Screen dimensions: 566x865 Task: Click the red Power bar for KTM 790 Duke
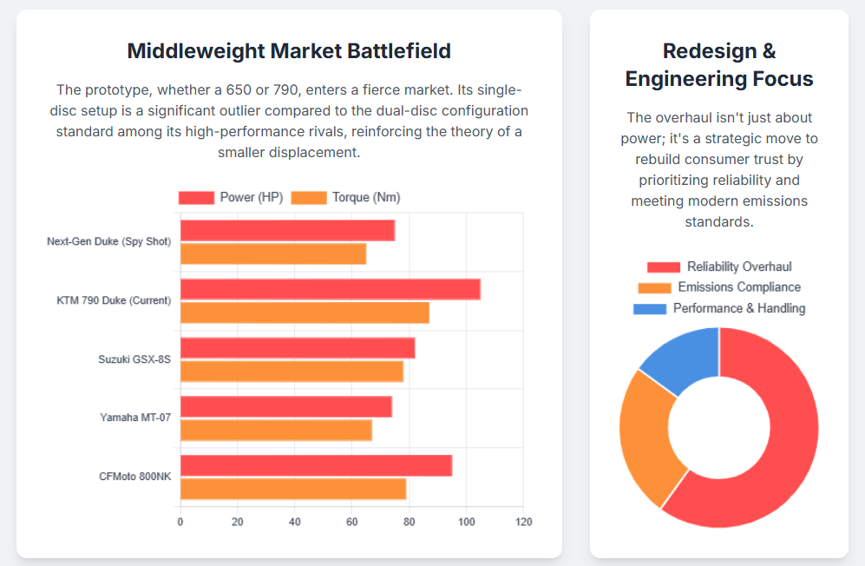(x=330, y=289)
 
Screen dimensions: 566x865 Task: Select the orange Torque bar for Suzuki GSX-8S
(x=292, y=372)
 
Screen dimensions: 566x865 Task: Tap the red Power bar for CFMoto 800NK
(x=316, y=465)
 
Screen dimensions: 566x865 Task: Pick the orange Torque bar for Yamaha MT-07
(x=276, y=430)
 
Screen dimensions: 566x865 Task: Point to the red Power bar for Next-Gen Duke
(x=287, y=230)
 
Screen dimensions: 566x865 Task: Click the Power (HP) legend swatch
(x=196, y=198)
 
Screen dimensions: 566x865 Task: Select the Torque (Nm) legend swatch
(x=309, y=198)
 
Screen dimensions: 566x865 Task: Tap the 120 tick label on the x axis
(x=523, y=522)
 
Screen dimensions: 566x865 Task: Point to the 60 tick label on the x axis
(x=351, y=522)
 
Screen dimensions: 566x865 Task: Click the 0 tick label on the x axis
(x=180, y=522)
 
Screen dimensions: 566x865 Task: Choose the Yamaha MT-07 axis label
(x=135, y=418)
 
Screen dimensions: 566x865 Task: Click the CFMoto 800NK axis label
(x=135, y=477)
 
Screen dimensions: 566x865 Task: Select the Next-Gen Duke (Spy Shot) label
(x=109, y=241)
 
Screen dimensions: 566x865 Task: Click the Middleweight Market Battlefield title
(x=289, y=51)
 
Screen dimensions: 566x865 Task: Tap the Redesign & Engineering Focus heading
(x=719, y=65)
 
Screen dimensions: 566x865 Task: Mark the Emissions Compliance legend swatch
(x=654, y=287)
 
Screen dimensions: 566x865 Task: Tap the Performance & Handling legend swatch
(x=650, y=308)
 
